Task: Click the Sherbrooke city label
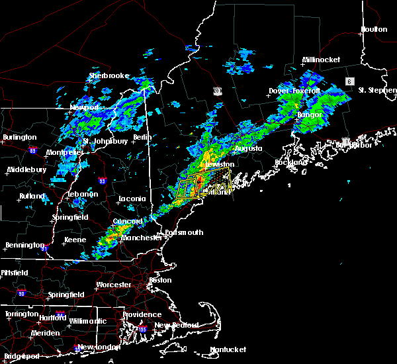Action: (109, 75)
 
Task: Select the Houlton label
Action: (373, 29)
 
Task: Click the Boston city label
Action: (161, 280)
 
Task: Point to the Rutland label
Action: (32, 196)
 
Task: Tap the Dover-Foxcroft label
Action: (294, 90)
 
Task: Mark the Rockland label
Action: (291, 162)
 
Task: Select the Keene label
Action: (74, 240)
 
